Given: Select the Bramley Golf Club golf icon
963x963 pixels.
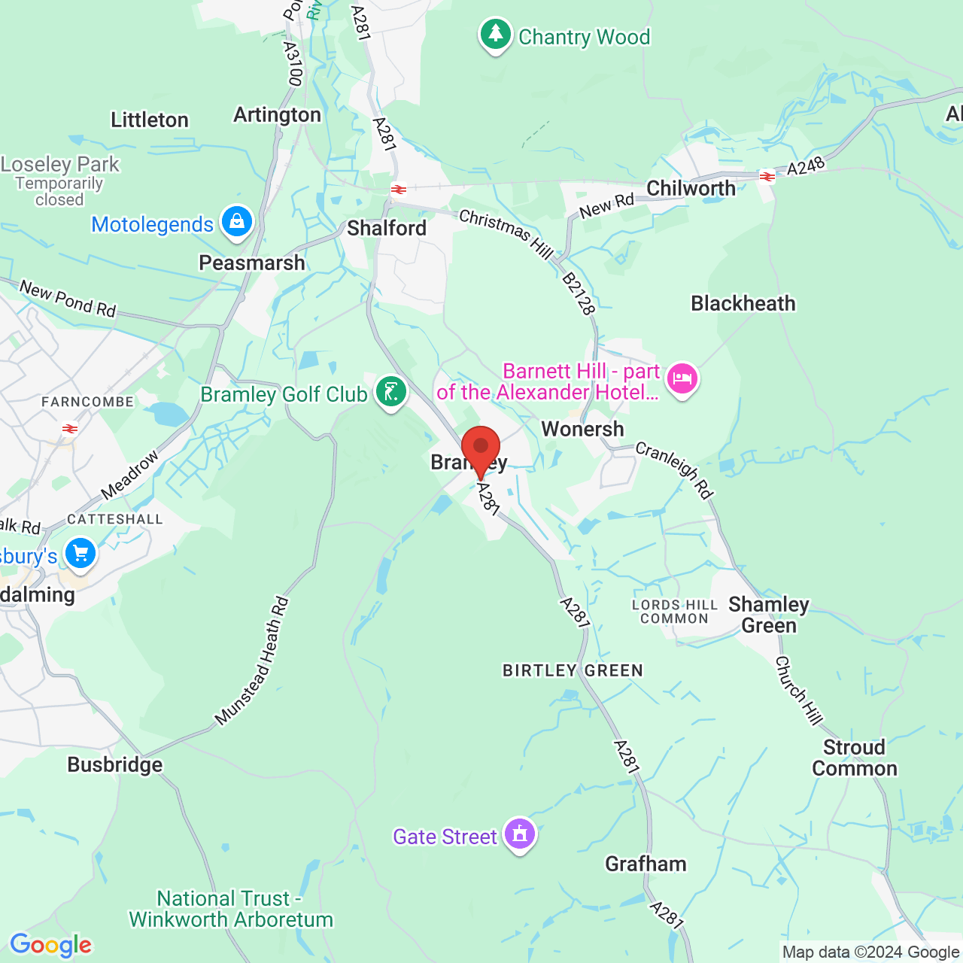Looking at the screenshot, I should [x=391, y=392].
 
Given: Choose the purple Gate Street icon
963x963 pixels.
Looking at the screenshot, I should [x=520, y=834].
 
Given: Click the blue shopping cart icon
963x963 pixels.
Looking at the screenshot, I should [x=81, y=554].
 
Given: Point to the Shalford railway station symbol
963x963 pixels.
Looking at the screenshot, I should [x=399, y=190].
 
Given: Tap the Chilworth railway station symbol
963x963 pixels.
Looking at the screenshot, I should [x=767, y=178].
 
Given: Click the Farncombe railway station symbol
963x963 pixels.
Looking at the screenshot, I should [x=70, y=429].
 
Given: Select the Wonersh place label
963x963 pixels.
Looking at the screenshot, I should [x=583, y=430].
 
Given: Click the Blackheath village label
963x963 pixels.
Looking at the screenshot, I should [x=743, y=304].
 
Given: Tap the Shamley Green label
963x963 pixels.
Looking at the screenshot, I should [x=769, y=615].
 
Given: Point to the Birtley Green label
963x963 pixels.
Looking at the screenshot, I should [x=573, y=670].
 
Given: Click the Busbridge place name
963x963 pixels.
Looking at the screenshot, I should [x=115, y=765].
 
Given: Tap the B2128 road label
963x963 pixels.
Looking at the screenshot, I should [x=579, y=293].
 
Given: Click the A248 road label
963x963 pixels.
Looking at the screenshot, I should [x=806, y=166].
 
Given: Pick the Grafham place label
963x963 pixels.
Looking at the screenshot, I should [x=646, y=864].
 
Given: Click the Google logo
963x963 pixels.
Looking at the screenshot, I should [x=50, y=945].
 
